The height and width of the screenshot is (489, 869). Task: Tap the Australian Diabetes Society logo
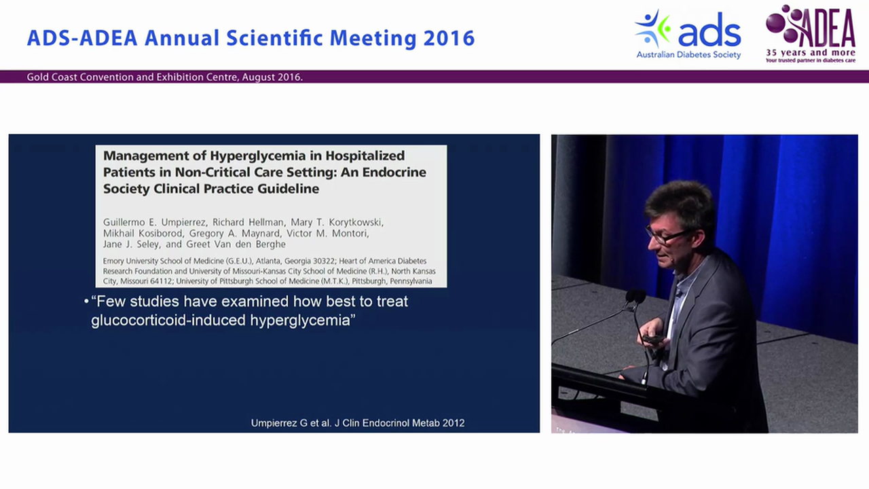tap(688, 34)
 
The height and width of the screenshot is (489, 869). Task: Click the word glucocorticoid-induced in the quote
tap(168, 320)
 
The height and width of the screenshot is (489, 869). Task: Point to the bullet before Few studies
tap(86, 302)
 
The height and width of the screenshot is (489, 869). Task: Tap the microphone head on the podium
tap(635, 295)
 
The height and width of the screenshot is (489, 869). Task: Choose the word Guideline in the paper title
tap(288, 189)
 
